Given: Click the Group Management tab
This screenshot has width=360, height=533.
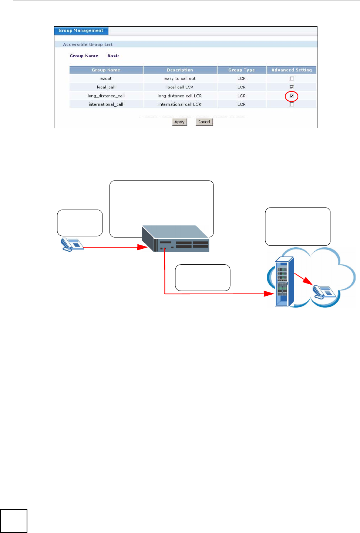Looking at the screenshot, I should [x=81, y=31].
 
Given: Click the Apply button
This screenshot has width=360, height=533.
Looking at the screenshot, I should [x=179, y=122].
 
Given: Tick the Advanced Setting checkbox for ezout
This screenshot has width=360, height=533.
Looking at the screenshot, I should [x=292, y=79].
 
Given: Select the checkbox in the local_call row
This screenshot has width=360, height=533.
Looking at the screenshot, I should [x=292, y=87].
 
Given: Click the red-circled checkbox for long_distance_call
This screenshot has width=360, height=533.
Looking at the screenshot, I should [x=292, y=96].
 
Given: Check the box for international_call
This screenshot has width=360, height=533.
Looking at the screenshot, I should [x=292, y=105].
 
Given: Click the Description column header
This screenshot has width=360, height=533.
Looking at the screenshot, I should [x=180, y=70].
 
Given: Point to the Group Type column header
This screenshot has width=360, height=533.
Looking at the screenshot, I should [x=241, y=70].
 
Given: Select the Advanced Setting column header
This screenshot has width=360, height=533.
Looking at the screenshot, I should [x=292, y=70].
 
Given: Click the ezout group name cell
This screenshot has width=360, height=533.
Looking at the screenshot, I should [x=106, y=79].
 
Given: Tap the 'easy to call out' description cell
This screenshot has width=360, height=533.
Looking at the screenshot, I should [x=180, y=79].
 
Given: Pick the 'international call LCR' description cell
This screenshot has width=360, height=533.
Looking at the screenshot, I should [x=180, y=105].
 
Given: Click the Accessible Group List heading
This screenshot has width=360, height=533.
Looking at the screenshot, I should [x=88, y=44].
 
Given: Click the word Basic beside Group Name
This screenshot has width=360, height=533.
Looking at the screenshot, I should [x=113, y=56].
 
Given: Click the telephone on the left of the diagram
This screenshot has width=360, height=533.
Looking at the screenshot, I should [x=72, y=245].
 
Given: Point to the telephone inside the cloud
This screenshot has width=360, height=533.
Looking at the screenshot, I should [x=324, y=292].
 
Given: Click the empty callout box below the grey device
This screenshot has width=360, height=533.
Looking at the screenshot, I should [x=202, y=278].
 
